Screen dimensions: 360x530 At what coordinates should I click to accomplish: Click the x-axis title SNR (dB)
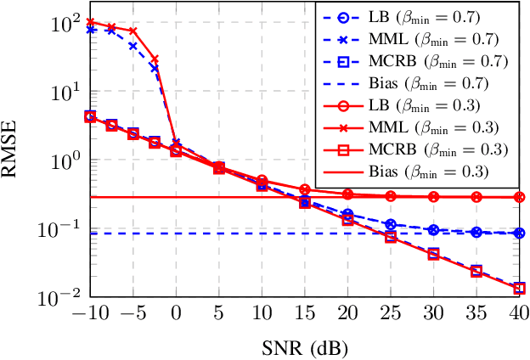point(305,346)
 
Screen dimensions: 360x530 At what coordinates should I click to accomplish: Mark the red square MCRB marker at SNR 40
point(519,288)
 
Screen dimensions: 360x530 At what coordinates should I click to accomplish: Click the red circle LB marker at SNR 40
point(519,197)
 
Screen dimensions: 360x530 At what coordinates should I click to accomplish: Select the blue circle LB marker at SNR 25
point(391,224)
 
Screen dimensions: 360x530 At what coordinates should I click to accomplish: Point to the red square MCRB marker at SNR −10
point(91,116)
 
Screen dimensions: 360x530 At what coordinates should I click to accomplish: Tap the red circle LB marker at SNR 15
point(305,188)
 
